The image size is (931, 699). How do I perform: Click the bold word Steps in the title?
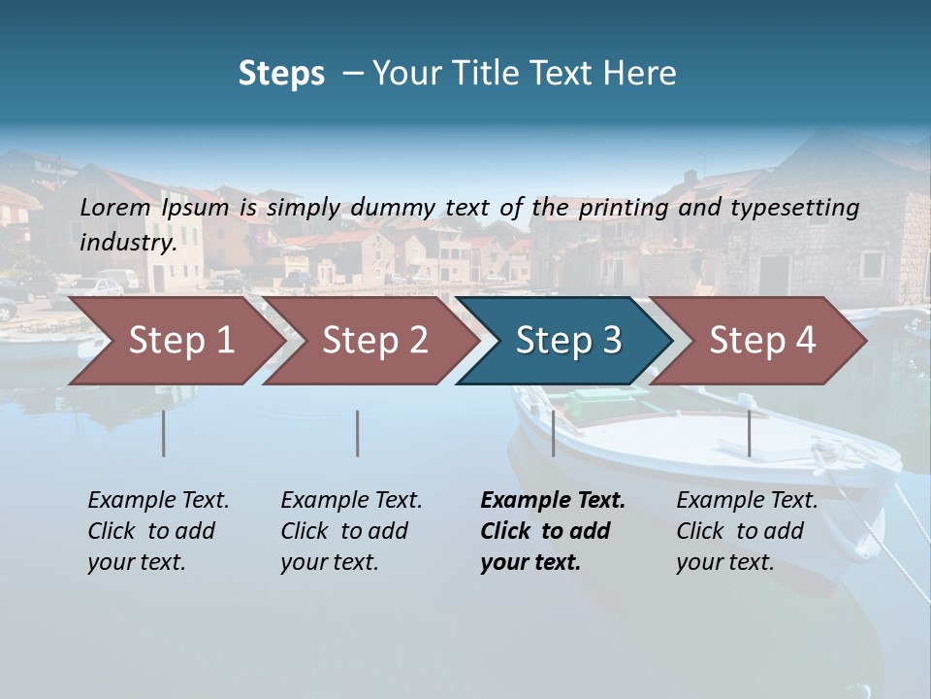[x=281, y=74]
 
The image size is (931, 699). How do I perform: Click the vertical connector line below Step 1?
[x=163, y=433]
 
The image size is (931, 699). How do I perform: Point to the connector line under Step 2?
[x=357, y=433]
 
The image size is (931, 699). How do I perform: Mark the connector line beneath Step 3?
[x=553, y=433]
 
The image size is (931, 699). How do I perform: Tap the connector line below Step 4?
[x=749, y=433]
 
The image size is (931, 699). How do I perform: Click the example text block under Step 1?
[x=158, y=531]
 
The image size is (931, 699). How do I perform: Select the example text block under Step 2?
[x=351, y=531]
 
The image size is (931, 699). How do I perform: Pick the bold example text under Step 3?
[x=553, y=531]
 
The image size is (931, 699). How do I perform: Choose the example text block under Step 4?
[x=747, y=531]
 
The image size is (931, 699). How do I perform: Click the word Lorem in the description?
[x=114, y=207]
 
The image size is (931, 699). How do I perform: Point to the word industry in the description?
[x=127, y=242]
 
